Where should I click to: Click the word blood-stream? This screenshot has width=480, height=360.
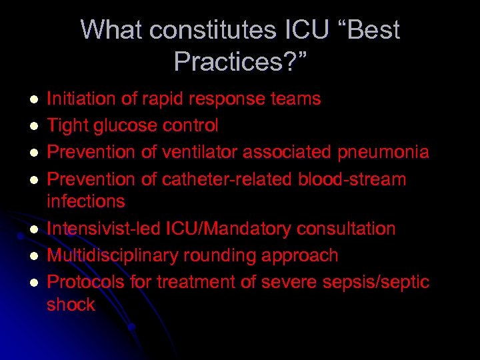pos(366,179)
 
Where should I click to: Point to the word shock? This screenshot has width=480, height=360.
pos(71,305)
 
